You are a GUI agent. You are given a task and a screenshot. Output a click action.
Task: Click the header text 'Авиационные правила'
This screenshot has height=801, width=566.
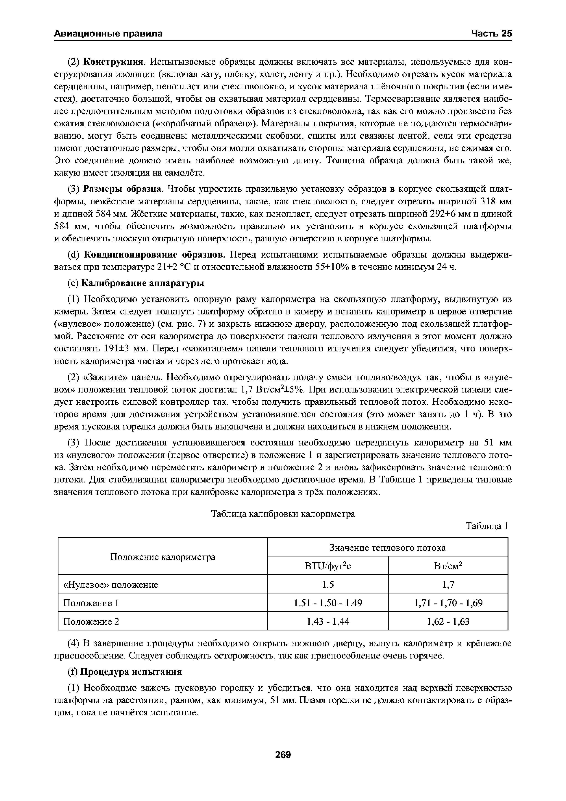click(108, 34)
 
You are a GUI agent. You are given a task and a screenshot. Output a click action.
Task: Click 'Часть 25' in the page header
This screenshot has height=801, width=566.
click(491, 34)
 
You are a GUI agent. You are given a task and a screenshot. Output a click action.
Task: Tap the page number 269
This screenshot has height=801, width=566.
click(283, 755)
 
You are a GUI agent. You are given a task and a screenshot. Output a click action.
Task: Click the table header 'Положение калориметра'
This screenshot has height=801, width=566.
click(163, 557)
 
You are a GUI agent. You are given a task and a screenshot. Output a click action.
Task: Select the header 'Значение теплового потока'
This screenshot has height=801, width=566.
click(387, 548)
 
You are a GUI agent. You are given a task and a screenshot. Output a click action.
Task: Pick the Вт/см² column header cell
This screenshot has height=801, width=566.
click(448, 566)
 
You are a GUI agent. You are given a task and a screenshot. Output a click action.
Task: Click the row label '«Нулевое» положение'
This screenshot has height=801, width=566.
click(111, 585)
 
